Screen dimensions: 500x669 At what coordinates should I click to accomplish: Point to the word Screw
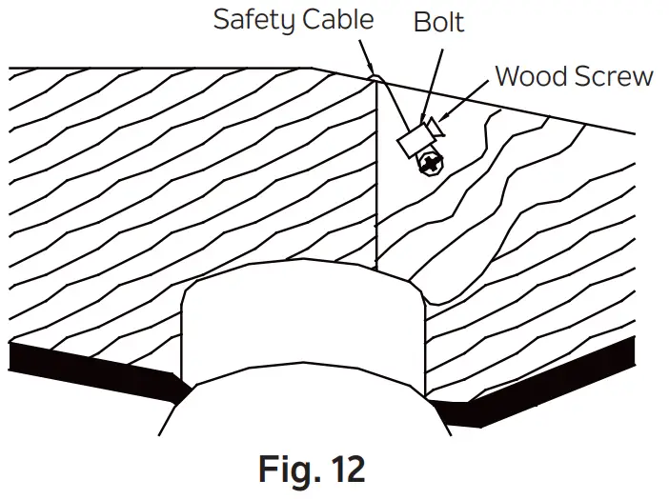pyautogui.click(x=613, y=75)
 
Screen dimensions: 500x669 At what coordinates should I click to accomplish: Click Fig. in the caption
pyautogui.click(x=293, y=470)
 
